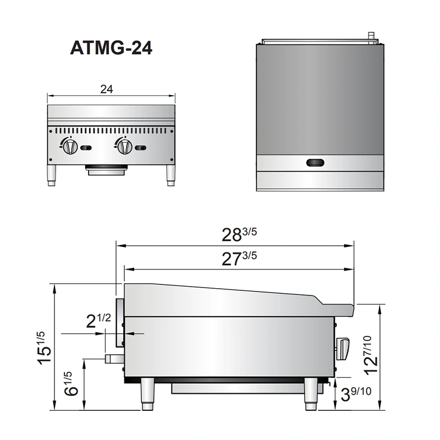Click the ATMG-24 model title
click(111, 48)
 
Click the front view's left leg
click(53, 175)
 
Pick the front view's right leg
click(170, 175)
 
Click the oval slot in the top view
click(316, 162)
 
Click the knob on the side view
click(343, 348)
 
